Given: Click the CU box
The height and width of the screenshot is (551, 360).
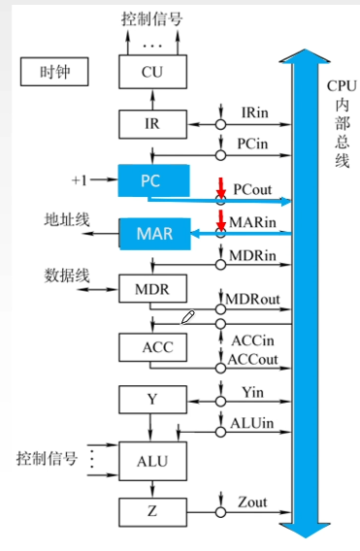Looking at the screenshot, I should (x=151, y=71).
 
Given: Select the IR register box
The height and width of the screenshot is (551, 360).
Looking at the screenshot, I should (x=151, y=123).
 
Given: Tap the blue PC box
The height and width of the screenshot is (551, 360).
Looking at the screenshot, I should (x=151, y=179).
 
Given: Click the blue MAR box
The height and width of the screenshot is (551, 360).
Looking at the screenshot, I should (x=152, y=234).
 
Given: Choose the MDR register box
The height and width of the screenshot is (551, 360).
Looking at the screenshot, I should (x=151, y=290).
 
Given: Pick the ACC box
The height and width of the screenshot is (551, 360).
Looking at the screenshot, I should (x=151, y=346).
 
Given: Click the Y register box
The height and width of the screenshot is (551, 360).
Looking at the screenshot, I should (x=151, y=398).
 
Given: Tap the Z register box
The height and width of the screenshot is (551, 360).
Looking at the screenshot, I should (x=151, y=509).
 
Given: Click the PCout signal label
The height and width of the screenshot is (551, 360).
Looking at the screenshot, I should (x=252, y=188).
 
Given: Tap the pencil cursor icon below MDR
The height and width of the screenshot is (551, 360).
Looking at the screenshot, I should (x=189, y=317).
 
